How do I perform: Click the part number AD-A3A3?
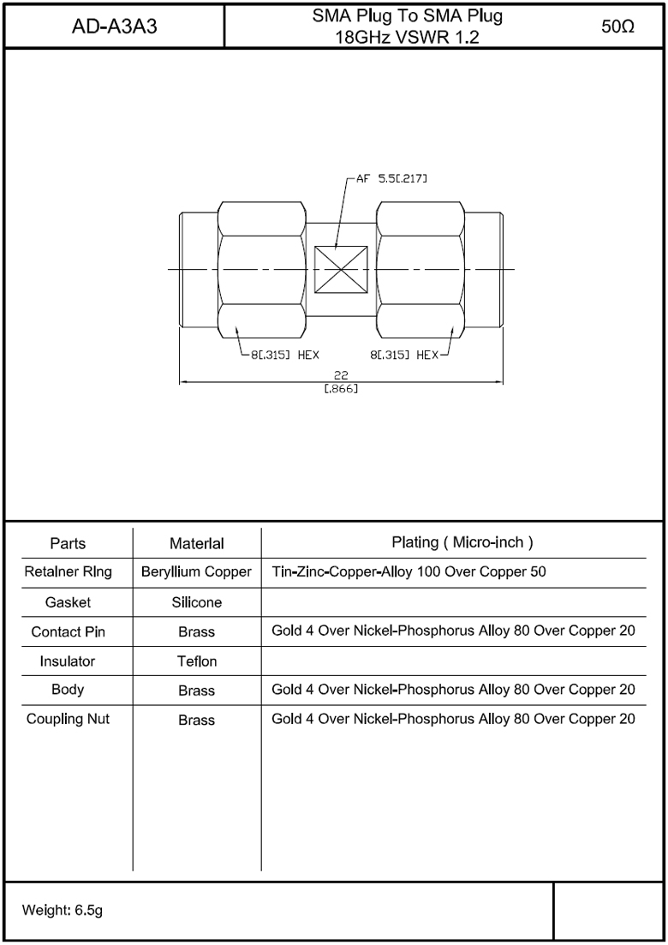[114, 27]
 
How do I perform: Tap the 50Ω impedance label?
[617, 27]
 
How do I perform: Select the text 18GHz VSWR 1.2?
[406, 38]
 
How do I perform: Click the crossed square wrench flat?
[341, 269]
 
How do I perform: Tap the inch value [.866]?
[341, 390]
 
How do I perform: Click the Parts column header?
[68, 543]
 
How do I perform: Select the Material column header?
[196, 543]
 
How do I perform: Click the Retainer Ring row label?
[68, 571]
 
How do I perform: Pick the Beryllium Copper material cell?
[196, 571]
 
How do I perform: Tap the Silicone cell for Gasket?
[196, 602]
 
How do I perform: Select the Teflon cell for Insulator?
[196, 661]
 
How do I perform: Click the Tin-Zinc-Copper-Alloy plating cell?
[409, 571]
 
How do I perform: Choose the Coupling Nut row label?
[68, 719]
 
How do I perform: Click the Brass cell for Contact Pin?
[196, 632]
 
